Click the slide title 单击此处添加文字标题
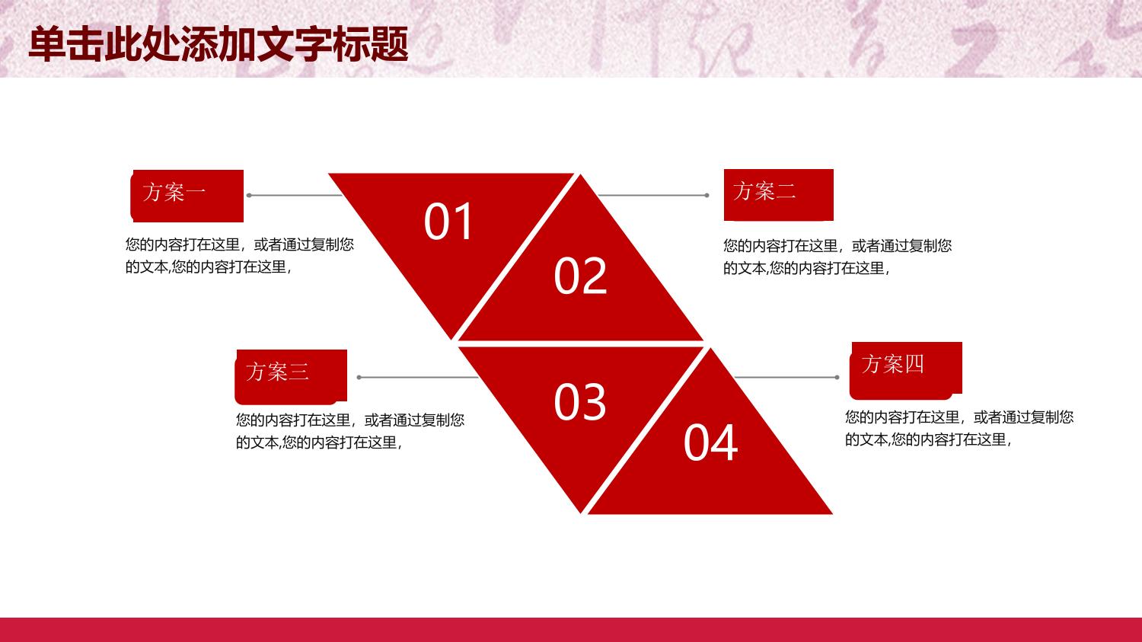[219, 44]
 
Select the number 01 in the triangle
[448, 222]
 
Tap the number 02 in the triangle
[581, 276]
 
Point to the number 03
[580, 402]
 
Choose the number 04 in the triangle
[710, 442]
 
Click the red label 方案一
[187, 196]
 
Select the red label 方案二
[779, 195]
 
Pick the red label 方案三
[291, 376]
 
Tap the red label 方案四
[906, 370]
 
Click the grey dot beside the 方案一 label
[249, 195]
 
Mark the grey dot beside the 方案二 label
[707, 195]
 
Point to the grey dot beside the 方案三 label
[359, 377]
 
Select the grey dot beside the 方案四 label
[837, 377]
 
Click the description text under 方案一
[240, 255]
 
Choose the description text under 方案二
[837, 257]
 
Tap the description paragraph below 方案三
[349, 431]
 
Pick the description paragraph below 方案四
[959, 428]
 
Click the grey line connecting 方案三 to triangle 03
[419, 377]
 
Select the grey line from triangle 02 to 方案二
[652, 195]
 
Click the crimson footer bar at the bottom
[571, 630]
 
